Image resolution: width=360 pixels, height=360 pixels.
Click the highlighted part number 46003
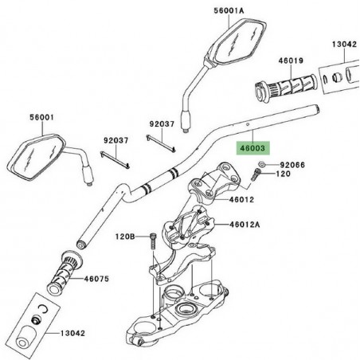click(x=252, y=147)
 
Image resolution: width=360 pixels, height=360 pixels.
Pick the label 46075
click(x=96, y=280)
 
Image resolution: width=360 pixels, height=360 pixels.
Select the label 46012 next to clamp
click(x=243, y=199)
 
